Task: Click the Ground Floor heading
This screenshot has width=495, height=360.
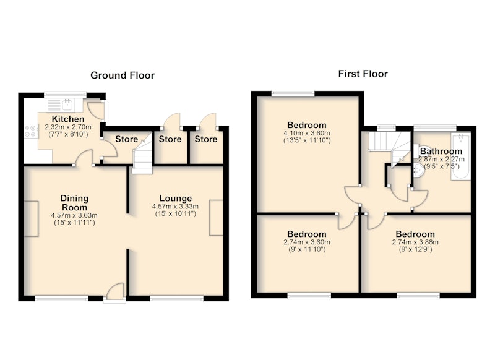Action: (x=123, y=75)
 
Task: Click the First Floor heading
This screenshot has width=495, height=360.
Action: (x=363, y=74)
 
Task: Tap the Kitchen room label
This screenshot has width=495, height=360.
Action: (x=68, y=119)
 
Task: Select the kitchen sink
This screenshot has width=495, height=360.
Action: (x=64, y=105)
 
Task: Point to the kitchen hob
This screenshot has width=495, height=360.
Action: (x=31, y=131)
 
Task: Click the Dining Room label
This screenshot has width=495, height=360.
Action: (x=74, y=203)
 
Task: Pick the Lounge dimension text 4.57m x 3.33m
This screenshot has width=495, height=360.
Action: (x=175, y=207)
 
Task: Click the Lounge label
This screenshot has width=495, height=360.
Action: (x=176, y=199)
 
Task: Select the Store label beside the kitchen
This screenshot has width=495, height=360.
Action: (x=127, y=139)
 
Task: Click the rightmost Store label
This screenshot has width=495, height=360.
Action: (x=206, y=139)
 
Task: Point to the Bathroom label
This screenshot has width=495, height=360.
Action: (x=441, y=151)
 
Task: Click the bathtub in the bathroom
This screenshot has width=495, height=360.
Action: (x=461, y=156)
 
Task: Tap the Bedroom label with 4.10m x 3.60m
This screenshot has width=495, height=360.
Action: (x=306, y=125)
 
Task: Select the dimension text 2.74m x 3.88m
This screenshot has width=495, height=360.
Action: (x=415, y=242)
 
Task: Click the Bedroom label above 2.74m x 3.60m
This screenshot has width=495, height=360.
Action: (x=306, y=234)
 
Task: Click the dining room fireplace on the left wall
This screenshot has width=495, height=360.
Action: (x=32, y=218)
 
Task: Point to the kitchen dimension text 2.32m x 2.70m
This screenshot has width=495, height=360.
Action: (x=68, y=127)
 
